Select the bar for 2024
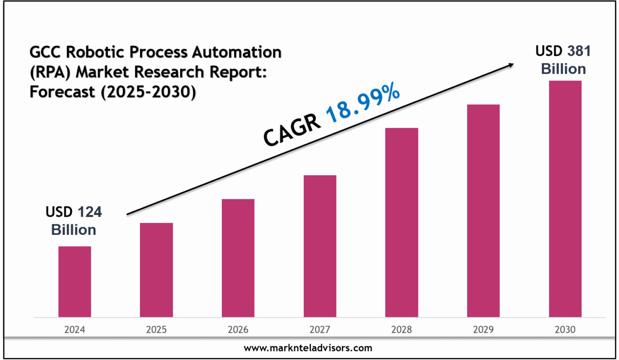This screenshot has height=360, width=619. (75, 281)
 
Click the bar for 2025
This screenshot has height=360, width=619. (156, 270)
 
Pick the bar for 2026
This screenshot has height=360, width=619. (238, 258)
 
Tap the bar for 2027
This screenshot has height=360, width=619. (320, 246)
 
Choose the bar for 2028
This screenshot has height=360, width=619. (401, 222)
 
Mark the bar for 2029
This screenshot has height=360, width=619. (483, 210)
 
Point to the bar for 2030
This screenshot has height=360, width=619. (565, 199)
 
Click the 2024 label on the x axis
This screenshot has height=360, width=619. (75, 330)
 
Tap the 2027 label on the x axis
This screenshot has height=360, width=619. (320, 330)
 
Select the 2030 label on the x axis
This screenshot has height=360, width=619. (565, 330)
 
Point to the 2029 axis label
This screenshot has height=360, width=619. (483, 330)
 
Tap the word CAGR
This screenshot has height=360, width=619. (291, 130)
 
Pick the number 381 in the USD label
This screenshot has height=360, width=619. (578, 51)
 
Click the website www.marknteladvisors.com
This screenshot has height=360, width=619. (308, 348)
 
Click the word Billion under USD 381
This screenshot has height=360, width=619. (563, 69)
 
